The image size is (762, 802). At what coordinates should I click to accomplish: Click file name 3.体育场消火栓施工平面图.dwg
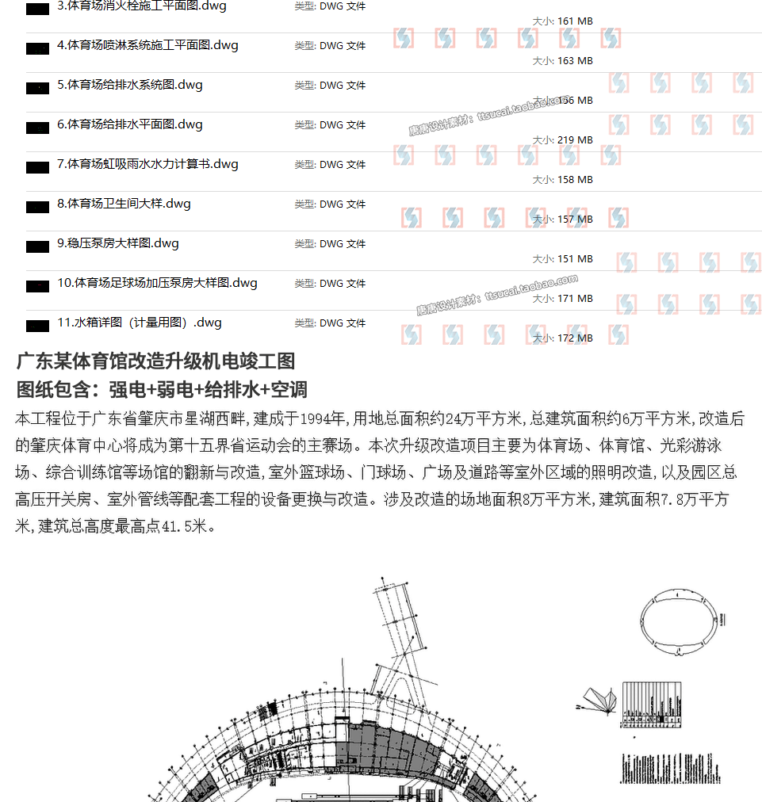point(142,6)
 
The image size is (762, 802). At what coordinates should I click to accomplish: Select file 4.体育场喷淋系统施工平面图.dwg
point(147,45)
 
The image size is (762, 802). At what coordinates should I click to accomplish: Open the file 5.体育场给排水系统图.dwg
point(130,85)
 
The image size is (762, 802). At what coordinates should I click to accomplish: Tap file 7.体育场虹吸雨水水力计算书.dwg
point(147,164)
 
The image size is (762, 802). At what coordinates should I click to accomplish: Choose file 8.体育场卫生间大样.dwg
point(124,204)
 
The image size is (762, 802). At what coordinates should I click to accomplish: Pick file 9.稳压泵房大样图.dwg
point(118,243)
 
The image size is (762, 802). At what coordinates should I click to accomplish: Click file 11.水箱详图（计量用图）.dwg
point(140,323)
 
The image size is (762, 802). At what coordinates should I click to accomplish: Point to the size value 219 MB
point(575,140)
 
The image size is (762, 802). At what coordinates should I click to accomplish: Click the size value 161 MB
point(575,21)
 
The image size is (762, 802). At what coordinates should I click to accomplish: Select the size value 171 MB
point(575,299)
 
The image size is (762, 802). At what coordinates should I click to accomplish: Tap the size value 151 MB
point(575,259)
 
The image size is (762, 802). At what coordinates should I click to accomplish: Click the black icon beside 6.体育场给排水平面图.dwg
point(37,128)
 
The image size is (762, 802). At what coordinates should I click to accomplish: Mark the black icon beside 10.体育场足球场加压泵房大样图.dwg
point(37,286)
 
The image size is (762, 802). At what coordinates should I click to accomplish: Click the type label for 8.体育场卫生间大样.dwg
point(330,204)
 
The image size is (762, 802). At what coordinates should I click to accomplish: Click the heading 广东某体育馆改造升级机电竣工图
point(155,361)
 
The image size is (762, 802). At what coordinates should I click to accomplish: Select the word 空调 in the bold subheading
point(289,389)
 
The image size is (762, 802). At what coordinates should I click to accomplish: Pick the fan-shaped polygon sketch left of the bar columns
point(600,701)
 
